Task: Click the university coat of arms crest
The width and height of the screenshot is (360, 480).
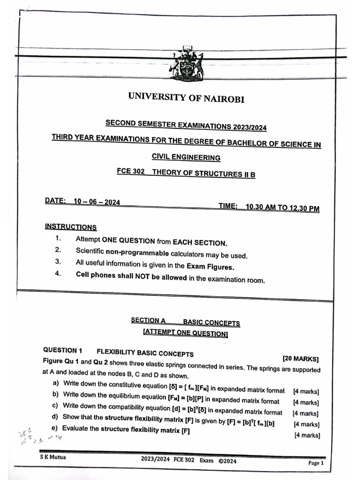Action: pyautogui.click(x=186, y=64)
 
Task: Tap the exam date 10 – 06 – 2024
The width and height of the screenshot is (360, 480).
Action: pyautogui.click(x=97, y=202)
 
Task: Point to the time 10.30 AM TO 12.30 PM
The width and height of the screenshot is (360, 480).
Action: pyautogui.click(x=283, y=208)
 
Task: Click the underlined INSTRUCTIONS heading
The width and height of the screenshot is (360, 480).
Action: pyautogui.click(x=71, y=227)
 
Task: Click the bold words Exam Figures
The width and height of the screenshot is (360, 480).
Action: pyautogui.click(x=210, y=266)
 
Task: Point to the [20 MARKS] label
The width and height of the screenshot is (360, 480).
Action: pyautogui.click(x=300, y=359)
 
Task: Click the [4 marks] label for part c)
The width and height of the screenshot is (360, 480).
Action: pyautogui.click(x=306, y=413)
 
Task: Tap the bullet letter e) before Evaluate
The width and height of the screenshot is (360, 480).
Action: pyautogui.click(x=55, y=428)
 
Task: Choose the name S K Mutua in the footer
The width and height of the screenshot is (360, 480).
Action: pyautogui.click(x=52, y=457)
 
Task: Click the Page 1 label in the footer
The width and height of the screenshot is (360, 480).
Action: pyautogui.click(x=315, y=463)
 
